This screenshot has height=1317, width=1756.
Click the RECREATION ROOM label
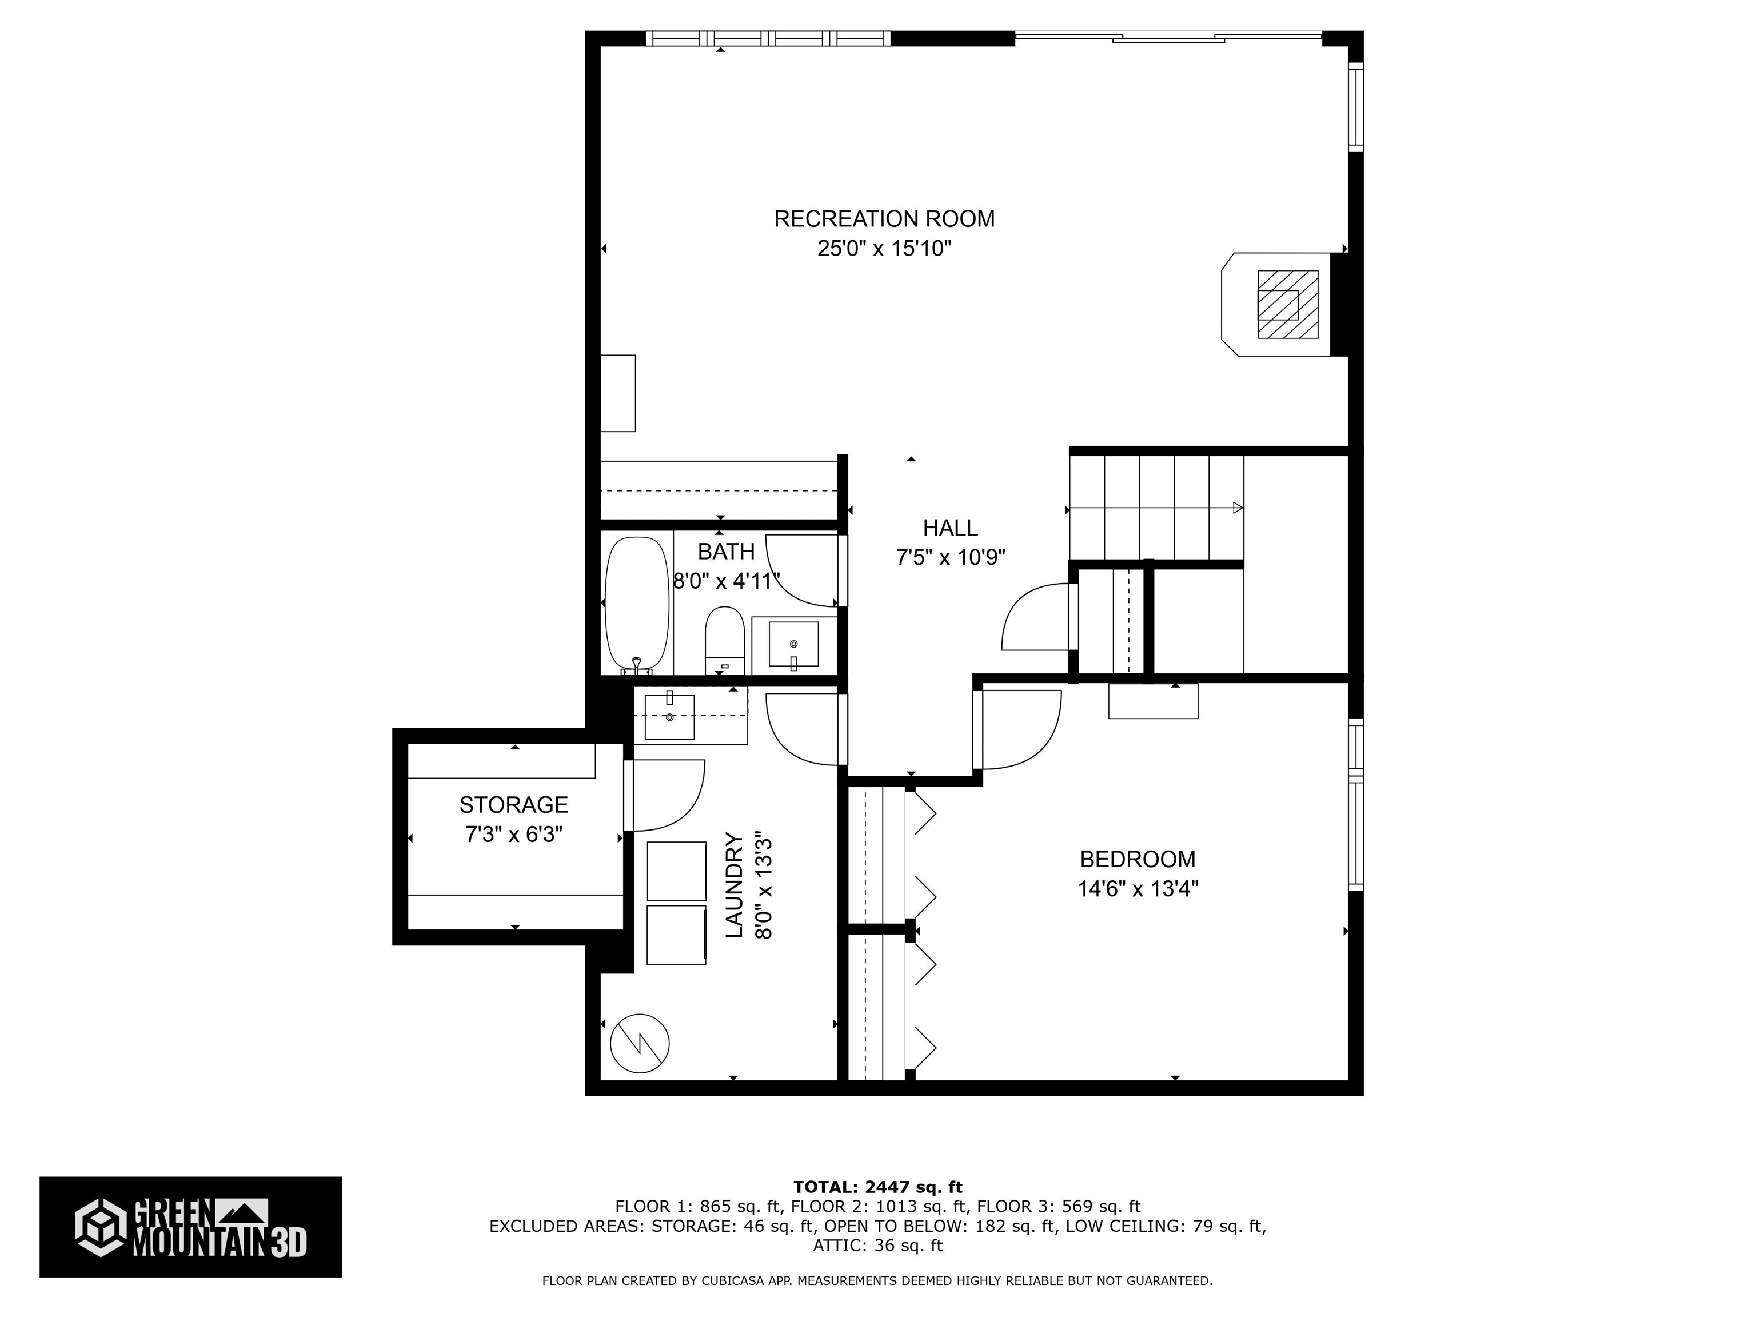pyautogui.click(x=884, y=219)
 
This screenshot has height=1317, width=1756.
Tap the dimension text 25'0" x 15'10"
pyautogui.click(x=884, y=249)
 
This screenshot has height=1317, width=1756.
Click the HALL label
pyautogui.click(x=949, y=528)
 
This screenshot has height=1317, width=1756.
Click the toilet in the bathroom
pyautogui.click(x=724, y=640)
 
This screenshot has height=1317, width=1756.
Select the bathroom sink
pyautogui.click(x=793, y=644)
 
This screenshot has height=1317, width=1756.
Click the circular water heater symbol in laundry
pyautogui.click(x=640, y=1043)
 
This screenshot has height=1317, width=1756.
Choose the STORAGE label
pyautogui.click(x=514, y=805)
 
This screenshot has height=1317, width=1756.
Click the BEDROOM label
pyautogui.click(x=1137, y=859)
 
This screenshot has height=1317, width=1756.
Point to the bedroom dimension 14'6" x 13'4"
pyautogui.click(x=1137, y=889)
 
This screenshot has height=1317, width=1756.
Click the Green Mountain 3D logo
pyautogui.click(x=190, y=1227)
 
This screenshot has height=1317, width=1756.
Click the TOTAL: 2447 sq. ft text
pyautogui.click(x=877, y=1187)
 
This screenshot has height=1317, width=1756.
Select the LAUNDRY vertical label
pyautogui.click(x=735, y=885)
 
